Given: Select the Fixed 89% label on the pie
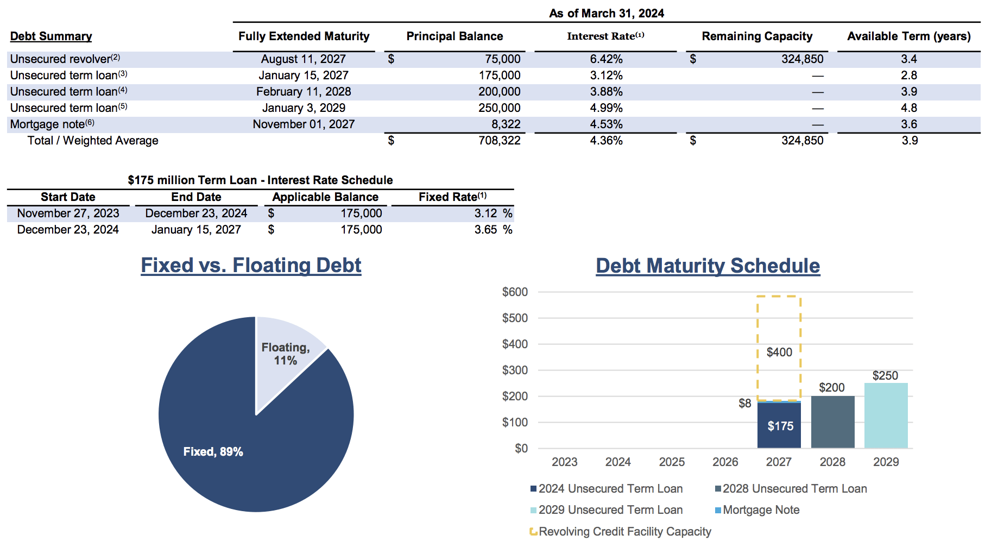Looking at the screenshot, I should (213, 452).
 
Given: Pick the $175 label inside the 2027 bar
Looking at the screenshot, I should (780, 426).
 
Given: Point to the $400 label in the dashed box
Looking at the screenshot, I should (779, 353).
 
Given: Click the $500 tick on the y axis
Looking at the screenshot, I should (515, 318).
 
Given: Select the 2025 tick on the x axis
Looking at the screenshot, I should (672, 462).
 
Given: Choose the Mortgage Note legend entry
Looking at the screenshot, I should (761, 510).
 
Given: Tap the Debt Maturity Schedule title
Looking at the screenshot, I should (708, 266).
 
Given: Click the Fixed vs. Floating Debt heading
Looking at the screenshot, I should (251, 266).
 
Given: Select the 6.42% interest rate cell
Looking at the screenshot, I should (606, 59).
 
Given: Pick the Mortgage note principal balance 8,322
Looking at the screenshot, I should (506, 124).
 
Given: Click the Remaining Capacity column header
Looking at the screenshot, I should (757, 36).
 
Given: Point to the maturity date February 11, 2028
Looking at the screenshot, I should (304, 92).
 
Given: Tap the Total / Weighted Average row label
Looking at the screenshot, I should (93, 141).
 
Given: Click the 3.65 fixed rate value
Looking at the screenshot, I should (485, 230).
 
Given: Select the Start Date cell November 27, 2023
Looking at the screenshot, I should (68, 213).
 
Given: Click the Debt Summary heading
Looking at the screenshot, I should (51, 36).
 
